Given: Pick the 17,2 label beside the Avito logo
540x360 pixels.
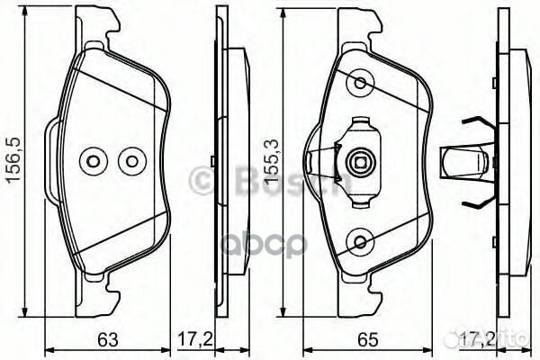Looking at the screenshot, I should click(472, 339).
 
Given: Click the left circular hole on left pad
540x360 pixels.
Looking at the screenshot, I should click(92, 162).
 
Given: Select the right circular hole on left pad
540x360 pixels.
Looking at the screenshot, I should click(132, 162).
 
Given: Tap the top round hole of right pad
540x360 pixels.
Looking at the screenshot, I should click(361, 84).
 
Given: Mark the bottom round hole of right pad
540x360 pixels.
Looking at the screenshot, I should click(361, 241).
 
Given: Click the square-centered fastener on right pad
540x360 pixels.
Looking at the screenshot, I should click(359, 163).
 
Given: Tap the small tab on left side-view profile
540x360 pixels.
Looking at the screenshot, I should click(211, 162).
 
